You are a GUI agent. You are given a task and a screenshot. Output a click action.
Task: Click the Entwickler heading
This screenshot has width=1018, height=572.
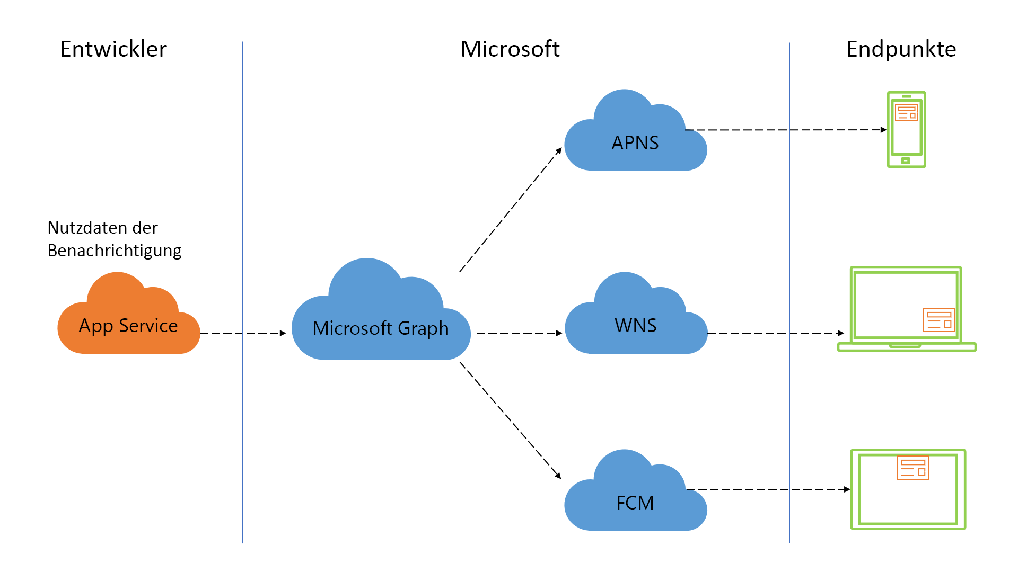[113, 49]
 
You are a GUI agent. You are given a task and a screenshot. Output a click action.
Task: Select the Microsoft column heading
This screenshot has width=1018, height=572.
[510, 49]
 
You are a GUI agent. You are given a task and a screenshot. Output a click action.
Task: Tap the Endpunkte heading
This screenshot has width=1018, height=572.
[900, 49]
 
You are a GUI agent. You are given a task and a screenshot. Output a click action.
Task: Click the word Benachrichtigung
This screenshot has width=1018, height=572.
[114, 251]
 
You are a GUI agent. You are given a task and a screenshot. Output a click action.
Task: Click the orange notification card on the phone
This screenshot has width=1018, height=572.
[906, 112]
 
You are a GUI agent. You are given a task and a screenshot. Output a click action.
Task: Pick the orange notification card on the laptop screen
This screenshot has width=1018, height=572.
[938, 320]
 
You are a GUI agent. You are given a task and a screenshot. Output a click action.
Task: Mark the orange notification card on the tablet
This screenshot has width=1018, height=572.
[912, 467]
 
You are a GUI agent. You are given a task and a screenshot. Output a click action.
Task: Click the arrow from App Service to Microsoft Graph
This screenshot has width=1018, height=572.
[243, 333]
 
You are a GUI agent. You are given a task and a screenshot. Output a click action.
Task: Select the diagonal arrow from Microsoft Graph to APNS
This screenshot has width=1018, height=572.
[510, 210]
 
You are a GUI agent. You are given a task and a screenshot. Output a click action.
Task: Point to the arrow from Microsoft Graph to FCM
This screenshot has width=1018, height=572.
[510, 420]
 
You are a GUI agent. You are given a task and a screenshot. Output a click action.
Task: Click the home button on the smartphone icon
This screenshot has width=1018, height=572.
[906, 160]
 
